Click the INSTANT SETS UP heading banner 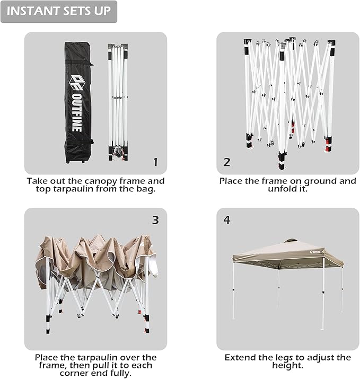click(x=59, y=12)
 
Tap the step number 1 click(x=156, y=162)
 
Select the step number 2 click(x=227, y=162)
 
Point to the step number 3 click(x=155, y=220)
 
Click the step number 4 click(x=227, y=220)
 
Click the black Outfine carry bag click(x=78, y=103)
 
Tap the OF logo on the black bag click(x=77, y=82)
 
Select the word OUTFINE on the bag click(x=77, y=112)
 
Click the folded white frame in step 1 click(x=118, y=102)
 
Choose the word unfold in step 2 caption click(x=280, y=189)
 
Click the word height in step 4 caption click(x=287, y=365)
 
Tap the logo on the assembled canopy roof click(x=315, y=252)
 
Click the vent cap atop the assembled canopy click(x=291, y=241)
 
